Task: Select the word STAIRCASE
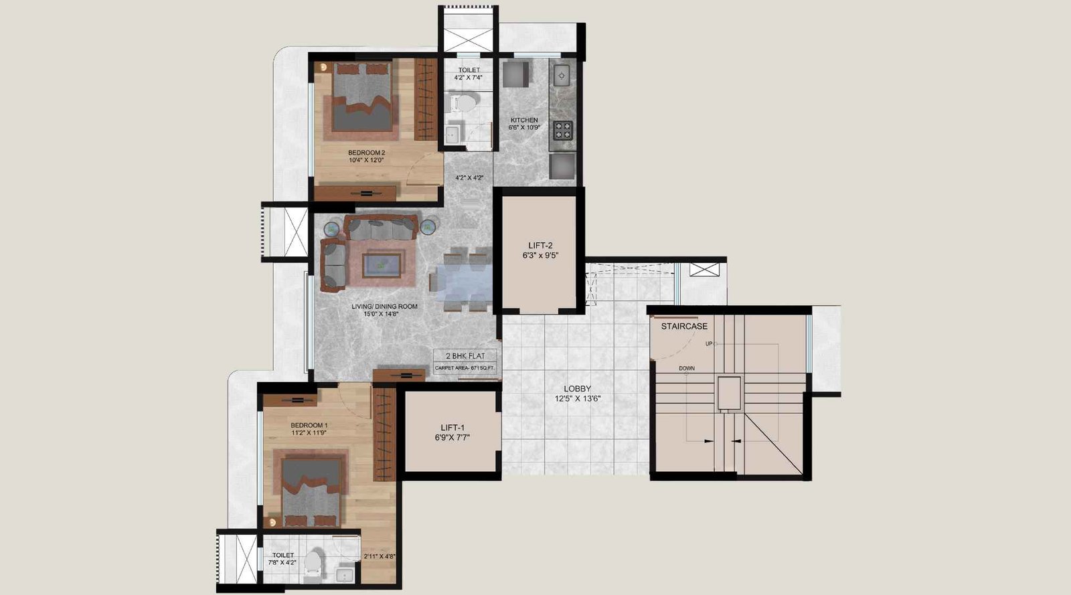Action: pyautogui.click(x=684, y=327)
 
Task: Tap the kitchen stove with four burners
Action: pyautogui.click(x=563, y=130)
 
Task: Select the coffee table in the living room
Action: pyautogui.click(x=382, y=265)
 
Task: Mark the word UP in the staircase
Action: pyautogui.click(x=709, y=343)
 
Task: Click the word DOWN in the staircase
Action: pyautogui.click(x=687, y=369)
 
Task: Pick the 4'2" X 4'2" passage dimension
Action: pyautogui.click(x=469, y=178)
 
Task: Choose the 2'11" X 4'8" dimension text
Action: pyautogui.click(x=380, y=556)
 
